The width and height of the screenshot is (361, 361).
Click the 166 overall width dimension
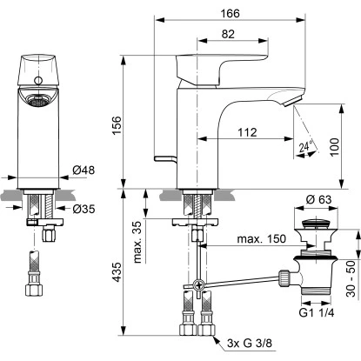click(230, 13)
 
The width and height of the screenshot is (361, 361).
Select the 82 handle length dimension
click(228, 34)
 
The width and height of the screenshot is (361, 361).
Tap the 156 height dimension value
click(117, 125)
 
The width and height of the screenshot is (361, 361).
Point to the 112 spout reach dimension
click(247, 132)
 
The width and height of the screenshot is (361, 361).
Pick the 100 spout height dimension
click(335, 147)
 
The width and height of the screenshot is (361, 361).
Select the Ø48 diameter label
click(84, 170)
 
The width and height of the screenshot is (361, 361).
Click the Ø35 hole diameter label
click(84, 208)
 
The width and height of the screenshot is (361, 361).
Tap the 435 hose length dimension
click(117, 272)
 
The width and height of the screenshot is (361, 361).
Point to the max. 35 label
click(137, 243)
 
